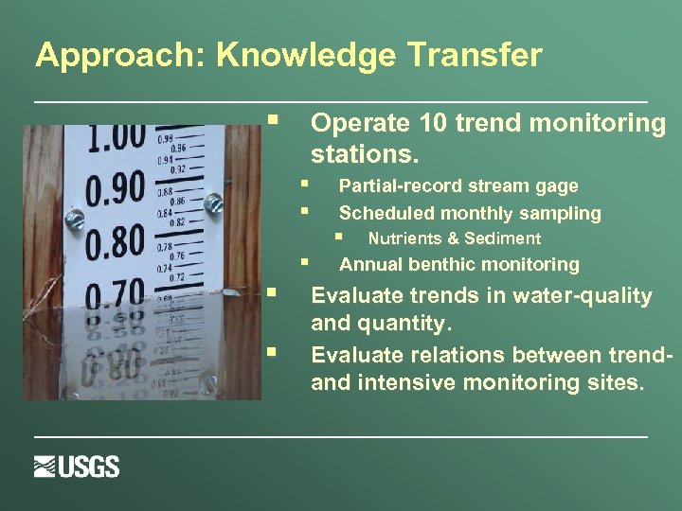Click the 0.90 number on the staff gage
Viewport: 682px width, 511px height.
point(116,188)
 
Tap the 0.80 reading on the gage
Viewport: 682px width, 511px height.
point(115,241)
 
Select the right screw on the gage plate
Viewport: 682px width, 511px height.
point(213,201)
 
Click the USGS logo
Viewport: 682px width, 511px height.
point(77,467)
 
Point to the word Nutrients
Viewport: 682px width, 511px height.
point(404,238)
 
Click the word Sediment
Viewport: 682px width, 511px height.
point(506,238)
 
